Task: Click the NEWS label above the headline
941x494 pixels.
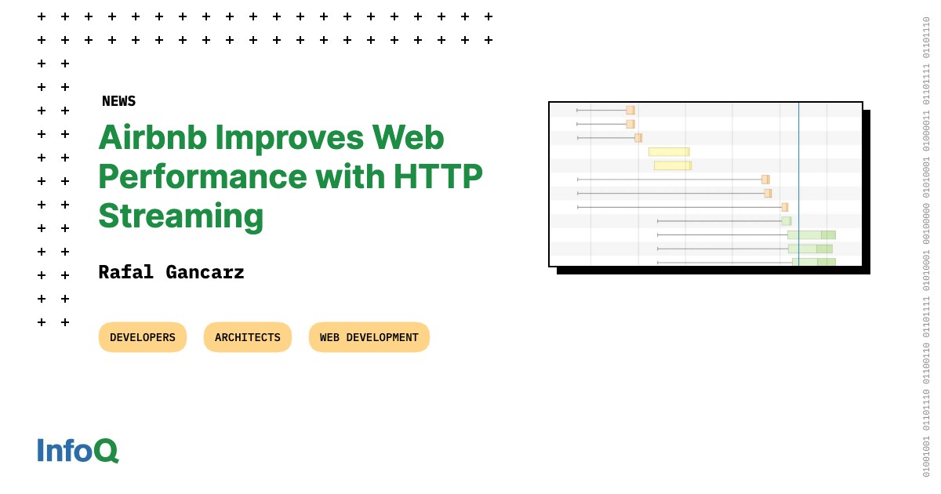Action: coord(118,101)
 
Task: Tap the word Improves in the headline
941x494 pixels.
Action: coord(289,138)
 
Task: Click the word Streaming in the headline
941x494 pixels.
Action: coord(180,216)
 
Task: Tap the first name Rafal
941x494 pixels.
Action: coord(125,272)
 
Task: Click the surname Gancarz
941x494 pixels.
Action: coord(205,272)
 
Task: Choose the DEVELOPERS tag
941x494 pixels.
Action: coord(143,337)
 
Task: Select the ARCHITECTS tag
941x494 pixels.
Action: coord(248,337)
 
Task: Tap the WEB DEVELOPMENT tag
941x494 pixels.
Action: coord(369,337)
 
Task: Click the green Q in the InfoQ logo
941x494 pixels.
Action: coord(106,451)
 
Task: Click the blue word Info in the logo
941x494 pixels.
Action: coord(64,451)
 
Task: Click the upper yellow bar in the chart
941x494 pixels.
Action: coord(669,152)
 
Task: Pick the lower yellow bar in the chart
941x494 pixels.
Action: coord(673,165)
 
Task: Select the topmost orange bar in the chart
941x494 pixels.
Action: coord(630,111)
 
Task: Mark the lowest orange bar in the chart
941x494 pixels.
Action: coord(784,207)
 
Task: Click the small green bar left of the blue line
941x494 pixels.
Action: coord(786,221)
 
